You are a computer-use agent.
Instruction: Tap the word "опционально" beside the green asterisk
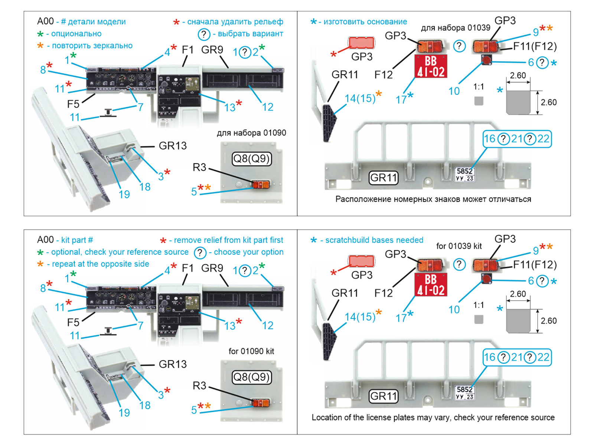point(76,34)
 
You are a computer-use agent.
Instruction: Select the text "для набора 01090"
point(251,133)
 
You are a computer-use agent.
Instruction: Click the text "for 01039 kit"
point(459,246)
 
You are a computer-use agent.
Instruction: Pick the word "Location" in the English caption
point(325,418)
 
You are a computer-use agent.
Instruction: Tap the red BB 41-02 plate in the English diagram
point(431,285)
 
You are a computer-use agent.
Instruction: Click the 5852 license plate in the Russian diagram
point(464,174)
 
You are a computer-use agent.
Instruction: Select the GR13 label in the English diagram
point(173,364)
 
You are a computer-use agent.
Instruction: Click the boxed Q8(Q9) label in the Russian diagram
point(252,159)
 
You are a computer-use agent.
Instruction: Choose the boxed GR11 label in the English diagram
point(384,396)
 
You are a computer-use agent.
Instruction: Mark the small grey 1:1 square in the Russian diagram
point(479,101)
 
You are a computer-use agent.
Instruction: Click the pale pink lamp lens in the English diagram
point(361,261)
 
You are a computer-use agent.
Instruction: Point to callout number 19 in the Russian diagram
point(124,194)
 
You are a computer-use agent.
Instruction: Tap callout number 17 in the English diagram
point(401,318)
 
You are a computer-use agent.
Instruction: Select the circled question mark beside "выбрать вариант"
point(203,34)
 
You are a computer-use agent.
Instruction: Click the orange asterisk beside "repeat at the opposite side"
point(40,264)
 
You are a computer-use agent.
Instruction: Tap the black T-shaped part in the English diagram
point(108,331)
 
